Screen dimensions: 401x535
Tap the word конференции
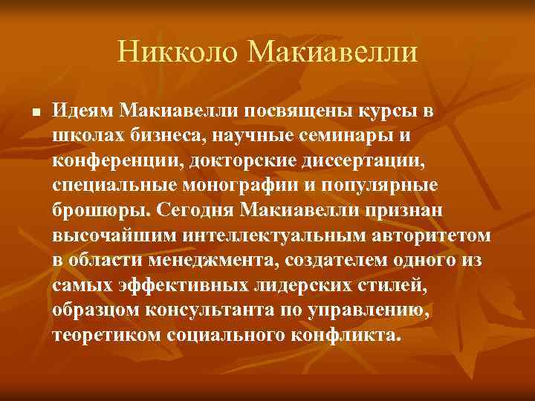[x=108, y=160]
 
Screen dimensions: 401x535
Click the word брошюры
[x=101, y=210]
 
